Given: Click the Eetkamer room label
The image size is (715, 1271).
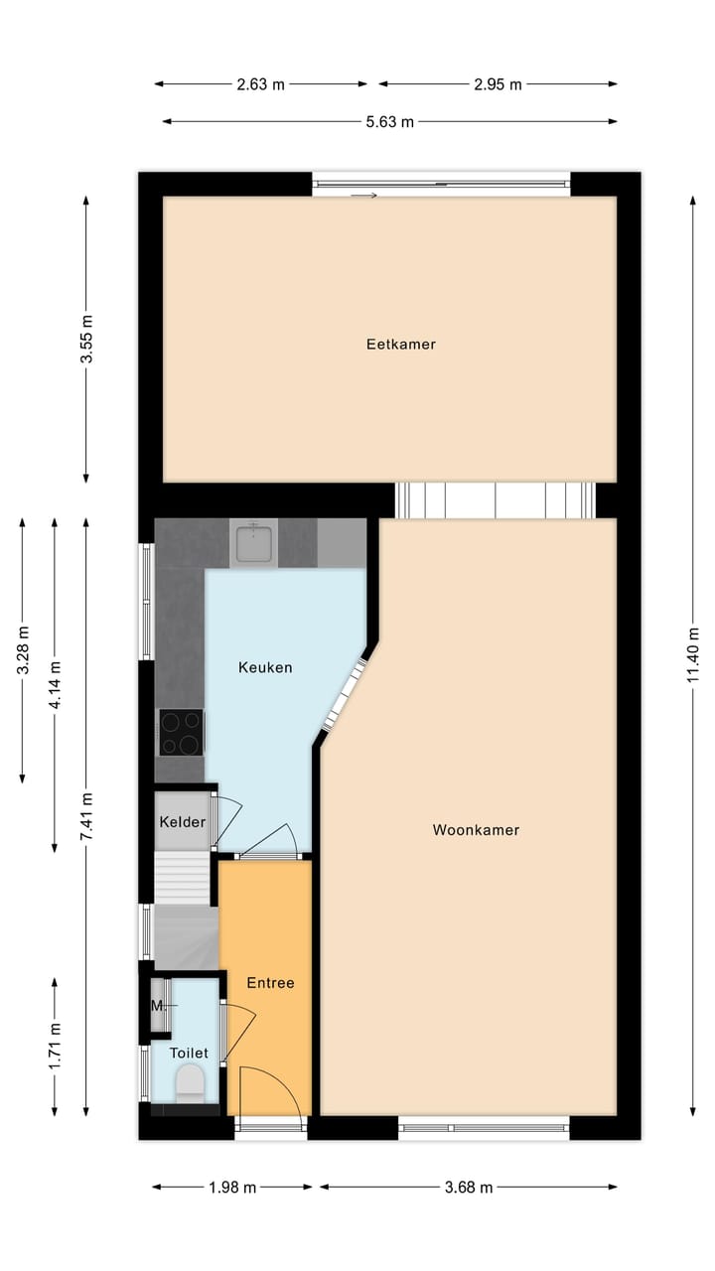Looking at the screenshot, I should pos(401,345).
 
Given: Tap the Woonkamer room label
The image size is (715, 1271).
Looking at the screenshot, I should pos(476,830).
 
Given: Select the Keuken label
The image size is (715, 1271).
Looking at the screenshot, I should pos(265,667).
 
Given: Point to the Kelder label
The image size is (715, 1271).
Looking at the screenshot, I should pos(183,822).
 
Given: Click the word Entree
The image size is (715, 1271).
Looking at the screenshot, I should pos(270,983).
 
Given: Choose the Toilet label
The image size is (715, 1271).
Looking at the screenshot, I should pos(189,1053).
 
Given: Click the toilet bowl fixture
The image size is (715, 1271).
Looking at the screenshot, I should pos(189,1082).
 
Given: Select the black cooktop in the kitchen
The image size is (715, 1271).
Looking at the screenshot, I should pos(181,733).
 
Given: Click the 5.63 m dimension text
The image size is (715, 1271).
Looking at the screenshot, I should pos(388,122).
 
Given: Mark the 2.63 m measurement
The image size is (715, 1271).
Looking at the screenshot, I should pos(260,84).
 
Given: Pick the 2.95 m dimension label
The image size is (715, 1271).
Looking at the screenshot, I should pos(497,84).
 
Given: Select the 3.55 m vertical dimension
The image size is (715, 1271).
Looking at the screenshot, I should pos(86,340).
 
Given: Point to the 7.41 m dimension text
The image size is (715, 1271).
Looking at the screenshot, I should pos(86,817).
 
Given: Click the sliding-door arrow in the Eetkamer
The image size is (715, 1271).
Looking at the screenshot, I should pos(364,196).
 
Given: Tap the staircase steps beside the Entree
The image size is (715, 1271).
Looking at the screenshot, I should pos(183,878).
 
